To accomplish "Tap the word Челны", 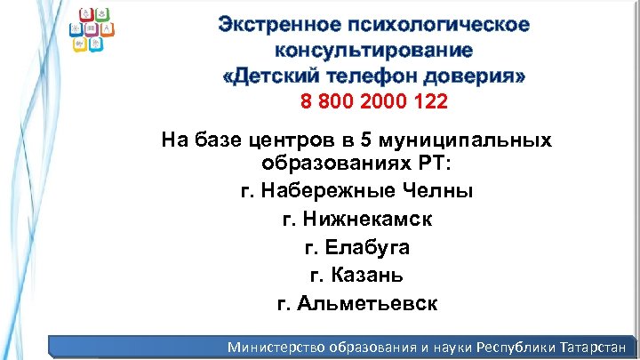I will pos(442,190).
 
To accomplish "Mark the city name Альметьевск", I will pos(369,303).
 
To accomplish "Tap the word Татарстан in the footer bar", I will pos(589,346).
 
